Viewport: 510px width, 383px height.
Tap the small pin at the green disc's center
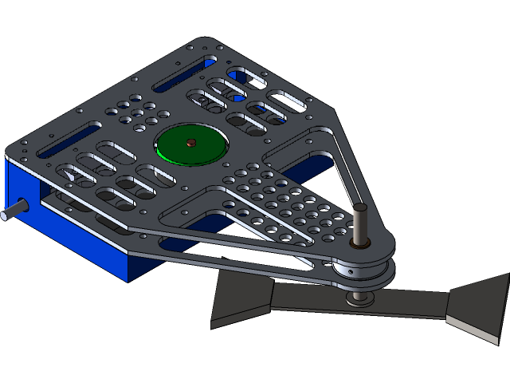tap(191, 143)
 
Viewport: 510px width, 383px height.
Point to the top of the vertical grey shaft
tap(360, 208)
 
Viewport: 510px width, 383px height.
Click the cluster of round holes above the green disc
tap(136, 112)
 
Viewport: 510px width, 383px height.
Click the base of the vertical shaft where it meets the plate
tap(359, 243)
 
